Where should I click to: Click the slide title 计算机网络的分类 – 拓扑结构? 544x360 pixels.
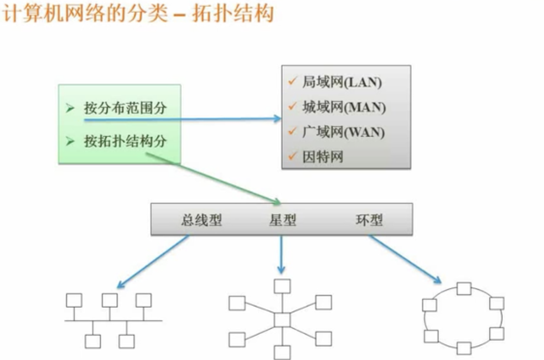click(138, 13)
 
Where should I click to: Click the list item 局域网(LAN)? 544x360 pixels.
click(342, 82)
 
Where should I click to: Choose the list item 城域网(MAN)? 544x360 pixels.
click(344, 107)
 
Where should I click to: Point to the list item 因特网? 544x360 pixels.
click(322, 157)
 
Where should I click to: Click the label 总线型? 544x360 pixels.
click(201, 220)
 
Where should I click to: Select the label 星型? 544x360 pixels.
click(282, 220)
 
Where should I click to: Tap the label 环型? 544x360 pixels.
click(369, 220)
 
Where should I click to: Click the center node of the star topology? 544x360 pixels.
click(282, 320)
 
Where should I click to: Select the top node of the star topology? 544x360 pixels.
click(282, 286)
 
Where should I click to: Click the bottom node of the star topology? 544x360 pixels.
click(282, 352)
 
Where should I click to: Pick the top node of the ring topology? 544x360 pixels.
click(464, 289)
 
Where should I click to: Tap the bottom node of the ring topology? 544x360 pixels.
click(464, 348)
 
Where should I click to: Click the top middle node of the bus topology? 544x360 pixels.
click(110, 300)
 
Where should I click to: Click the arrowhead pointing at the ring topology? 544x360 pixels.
click(438, 281)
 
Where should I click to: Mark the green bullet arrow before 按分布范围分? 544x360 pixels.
click(70, 108)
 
